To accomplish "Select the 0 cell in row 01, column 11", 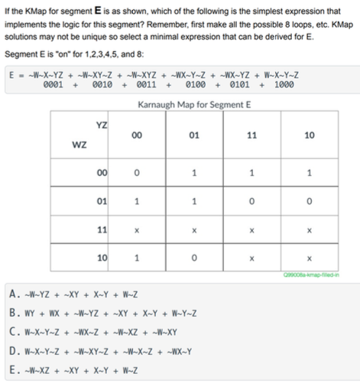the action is (x=251, y=202).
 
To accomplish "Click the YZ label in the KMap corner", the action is (x=100, y=125).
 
